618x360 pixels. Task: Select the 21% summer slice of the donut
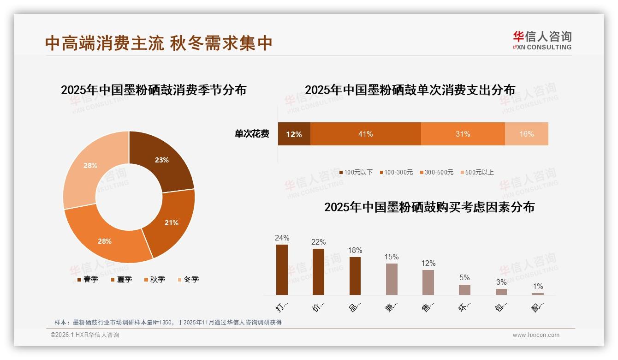click(171, 222)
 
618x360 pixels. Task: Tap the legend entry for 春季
click(88, 279)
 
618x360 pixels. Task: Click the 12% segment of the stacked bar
click(294, 134)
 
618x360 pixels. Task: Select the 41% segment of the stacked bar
click(365, 134)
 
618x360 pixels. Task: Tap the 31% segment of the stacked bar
click(463, 134)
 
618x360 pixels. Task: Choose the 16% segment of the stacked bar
click(526, 134)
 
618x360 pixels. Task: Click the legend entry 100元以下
click(356, 172)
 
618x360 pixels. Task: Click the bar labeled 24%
click(282, 270)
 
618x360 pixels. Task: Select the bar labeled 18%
click(355, 276)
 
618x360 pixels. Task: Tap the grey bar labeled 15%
click(392, 279)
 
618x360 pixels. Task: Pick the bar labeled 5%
click(464, 289)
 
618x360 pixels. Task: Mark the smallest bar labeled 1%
click(538, 294)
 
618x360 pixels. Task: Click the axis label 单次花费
click(252, 134)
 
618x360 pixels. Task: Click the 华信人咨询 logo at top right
click(542, 40)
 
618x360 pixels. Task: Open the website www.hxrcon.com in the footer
click(536, 335)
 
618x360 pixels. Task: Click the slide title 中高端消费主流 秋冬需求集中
click(159, 43)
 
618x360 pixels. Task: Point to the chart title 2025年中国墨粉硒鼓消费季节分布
click(154, 90)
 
